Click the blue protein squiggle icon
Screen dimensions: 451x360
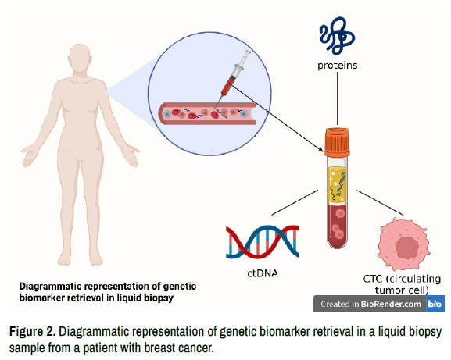[x=337, y=36]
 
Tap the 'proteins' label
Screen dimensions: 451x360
[x=338, y=66]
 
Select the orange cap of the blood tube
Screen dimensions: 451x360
[x=338, y=142]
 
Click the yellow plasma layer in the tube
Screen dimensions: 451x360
[x=337, y=184]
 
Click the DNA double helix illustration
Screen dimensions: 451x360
[x=263, y=241]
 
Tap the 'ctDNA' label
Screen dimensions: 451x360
[x=263, y=273]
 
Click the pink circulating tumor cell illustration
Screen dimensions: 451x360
[x=403, y=244]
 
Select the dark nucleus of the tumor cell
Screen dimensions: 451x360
[x=406, y=248]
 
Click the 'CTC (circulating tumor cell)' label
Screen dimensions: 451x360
[x=402, y=284]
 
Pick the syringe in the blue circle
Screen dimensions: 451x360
[x=233, y=77]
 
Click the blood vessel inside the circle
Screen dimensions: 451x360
[x=207, y=113]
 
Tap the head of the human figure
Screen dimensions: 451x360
[x=80, y=59]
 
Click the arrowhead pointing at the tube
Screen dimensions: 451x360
[x=320, y=149]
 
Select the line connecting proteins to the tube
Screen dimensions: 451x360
[x=338, y=98]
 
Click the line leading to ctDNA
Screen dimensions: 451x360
[x=295, y=202]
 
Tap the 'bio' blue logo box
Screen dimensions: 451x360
[x=435, y=304]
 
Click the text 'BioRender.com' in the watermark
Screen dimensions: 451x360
[x=391, y=304]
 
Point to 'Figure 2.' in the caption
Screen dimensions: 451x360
[x=33, y=331]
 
